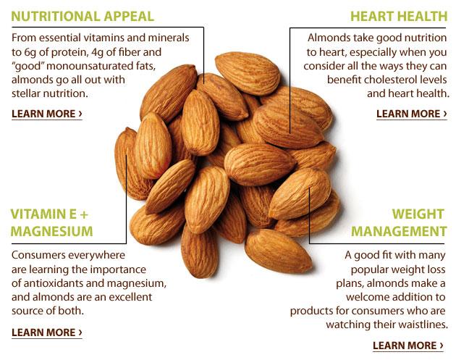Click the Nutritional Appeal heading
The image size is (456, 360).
(x=83, y=16)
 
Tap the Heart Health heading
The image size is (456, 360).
(x=398, y=16)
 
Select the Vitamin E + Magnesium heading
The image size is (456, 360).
(x=51, y=223)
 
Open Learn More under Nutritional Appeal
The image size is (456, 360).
(x=46, y=114)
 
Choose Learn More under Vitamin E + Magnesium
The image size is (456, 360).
(x=46, y=332)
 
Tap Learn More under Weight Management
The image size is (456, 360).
(x=408, y=346)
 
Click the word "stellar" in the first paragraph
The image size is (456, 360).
(x=28, y=93)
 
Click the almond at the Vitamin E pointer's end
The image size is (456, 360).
(x=129, y=156)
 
